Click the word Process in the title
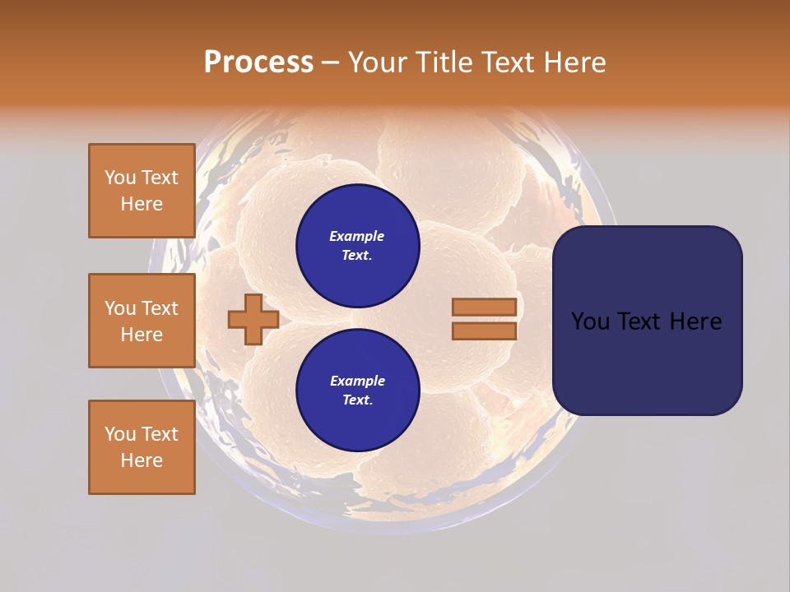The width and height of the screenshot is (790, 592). tap(258, 62)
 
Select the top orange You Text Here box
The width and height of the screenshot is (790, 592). tap(142, 191)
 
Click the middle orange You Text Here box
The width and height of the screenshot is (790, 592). tap(142, 321)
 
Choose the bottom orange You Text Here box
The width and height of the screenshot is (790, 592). tap(142, 447)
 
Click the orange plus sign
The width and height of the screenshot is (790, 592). tap(253, 319)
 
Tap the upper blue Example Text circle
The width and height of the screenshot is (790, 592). tap(357, 246)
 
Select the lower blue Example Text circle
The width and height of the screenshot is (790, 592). tap(357, 391)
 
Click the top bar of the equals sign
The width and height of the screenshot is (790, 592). tap(484, 307)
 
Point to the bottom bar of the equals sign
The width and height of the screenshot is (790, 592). tap(484, 331)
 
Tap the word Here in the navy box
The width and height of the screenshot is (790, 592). tap(695, 321)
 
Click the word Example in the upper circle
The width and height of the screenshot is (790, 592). tap(357, 237)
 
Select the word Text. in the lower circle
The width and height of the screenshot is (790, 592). tap(357, 400)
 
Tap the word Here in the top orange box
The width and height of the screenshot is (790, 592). tap(142, 204)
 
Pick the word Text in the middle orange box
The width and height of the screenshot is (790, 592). tap(160, 308)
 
